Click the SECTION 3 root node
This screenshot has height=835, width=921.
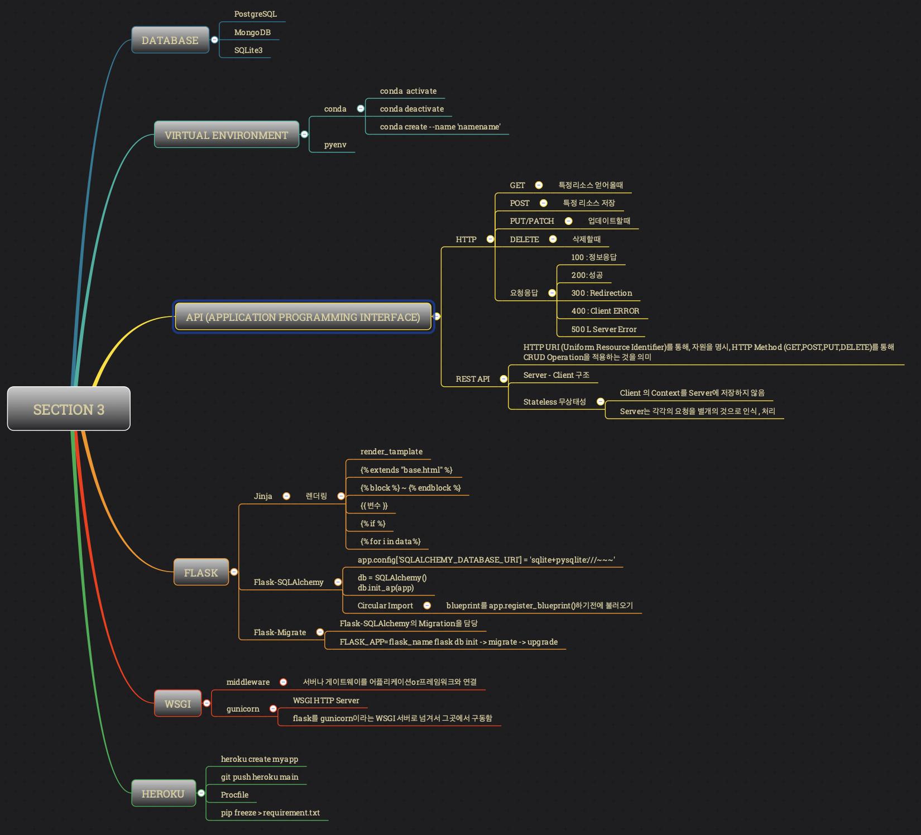69,409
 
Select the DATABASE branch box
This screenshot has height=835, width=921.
170,40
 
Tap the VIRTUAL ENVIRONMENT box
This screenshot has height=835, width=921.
226,135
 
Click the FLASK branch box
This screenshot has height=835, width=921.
201,573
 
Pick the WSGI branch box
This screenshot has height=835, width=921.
178,704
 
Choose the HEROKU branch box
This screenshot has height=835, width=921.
163,794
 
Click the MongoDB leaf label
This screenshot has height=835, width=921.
252,32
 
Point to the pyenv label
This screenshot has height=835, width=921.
335,145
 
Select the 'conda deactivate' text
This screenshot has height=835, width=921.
412,109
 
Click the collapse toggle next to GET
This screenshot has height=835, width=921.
539,185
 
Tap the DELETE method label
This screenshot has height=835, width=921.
524,239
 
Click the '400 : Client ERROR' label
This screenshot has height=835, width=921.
605,311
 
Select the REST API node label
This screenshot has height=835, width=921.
472,379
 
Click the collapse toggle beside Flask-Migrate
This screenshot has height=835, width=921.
320,632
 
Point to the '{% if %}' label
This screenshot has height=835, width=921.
373,524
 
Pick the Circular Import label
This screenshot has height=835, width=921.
385,606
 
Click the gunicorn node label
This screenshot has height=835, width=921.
243,709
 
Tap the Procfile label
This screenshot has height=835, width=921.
234,795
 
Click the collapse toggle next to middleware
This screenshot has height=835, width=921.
284,682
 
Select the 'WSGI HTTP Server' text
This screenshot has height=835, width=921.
326,700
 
